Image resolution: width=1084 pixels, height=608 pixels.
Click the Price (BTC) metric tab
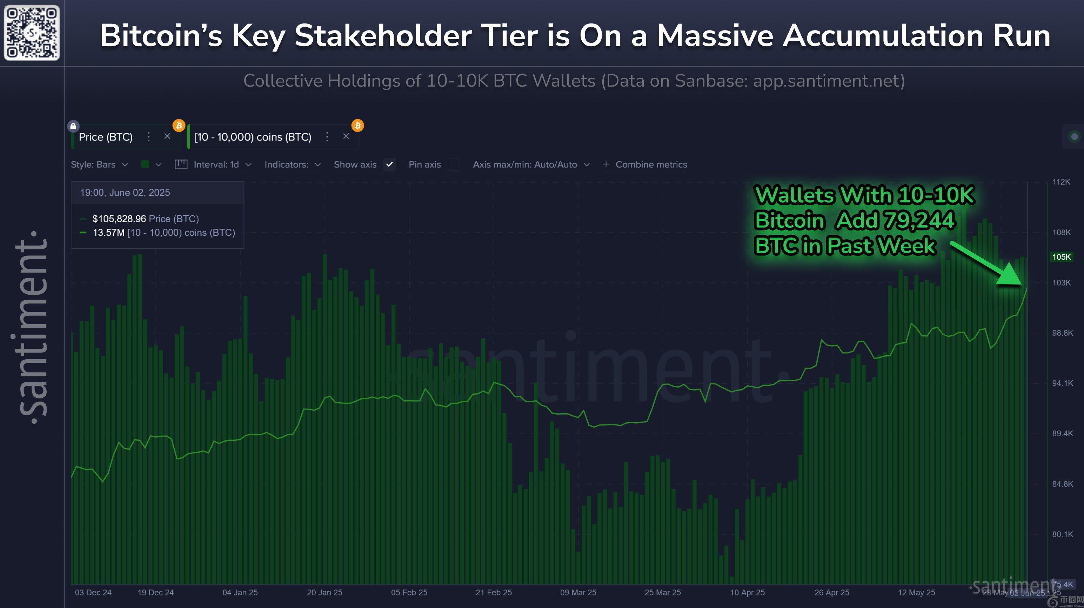[x=106, y=137]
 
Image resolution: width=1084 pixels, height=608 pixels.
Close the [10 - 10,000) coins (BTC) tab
[x=346, y=136]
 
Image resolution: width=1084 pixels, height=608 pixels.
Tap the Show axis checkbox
[x=390, y=164]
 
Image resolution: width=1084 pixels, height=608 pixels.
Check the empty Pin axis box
[x=454, y=164]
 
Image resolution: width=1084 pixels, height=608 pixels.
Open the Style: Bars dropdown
[x=99, y=164]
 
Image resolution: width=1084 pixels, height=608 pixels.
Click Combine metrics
[x=650, y=164]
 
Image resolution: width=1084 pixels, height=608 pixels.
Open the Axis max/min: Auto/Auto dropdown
[x=530, y=164]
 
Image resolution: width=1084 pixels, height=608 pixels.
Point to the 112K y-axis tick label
[x=1061, y=182]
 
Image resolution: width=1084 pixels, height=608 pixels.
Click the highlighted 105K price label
[x=1061, y=257]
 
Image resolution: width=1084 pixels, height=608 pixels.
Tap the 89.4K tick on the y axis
[x=1062, y=433]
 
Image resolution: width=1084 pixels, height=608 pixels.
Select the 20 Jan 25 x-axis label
[x=324, y=593]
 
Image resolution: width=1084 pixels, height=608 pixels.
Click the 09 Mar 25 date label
[x=578, y=593]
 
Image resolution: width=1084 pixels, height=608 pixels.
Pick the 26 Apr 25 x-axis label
[x=831, y=593]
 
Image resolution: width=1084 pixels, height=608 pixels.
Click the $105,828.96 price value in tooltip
[x=119, y=219]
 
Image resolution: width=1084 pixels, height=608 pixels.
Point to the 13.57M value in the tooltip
[x=108, y=233]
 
